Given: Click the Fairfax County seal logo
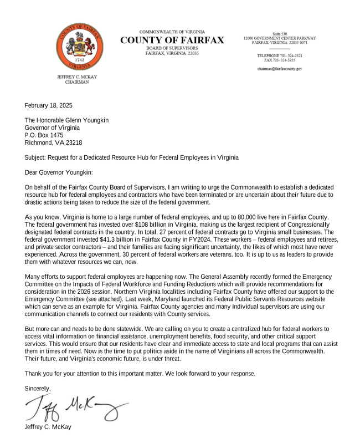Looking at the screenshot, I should click(x=80, y=47).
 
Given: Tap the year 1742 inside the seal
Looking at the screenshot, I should click(x=80, y=58).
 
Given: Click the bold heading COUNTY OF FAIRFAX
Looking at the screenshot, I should click(x=172, y=40).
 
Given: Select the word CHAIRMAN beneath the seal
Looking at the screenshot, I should click(x=77, y=82).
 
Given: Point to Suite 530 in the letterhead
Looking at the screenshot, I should click(x=279, y=34).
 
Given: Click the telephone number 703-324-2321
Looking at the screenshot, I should click(x=289, y=56).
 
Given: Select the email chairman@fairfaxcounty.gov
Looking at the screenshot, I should click(x=279, y=69).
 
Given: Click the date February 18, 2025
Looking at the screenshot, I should click(x=49, y=105).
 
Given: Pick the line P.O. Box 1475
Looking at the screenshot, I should click(x=44, y=135).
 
